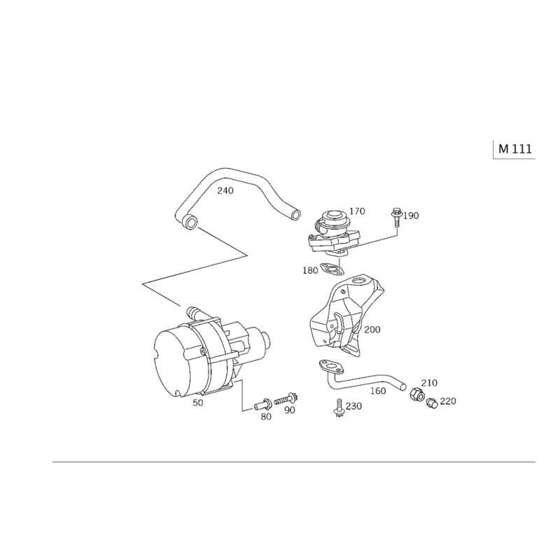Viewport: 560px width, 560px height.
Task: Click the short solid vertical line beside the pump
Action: coord(243,395)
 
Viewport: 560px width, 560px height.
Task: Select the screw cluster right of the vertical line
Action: coord(276,405)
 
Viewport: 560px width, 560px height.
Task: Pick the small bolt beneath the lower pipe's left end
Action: coord(341,406)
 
